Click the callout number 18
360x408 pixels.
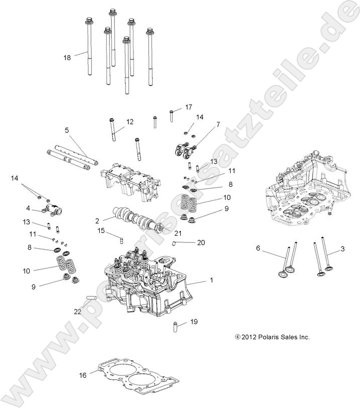tap(67, 57)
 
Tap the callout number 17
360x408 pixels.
tap(189, 107)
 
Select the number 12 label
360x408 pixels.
tap(130, 121)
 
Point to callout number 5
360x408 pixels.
tap(67, 130)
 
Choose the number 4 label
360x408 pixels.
tap(28, 208)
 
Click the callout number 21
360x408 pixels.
tap(177, 233)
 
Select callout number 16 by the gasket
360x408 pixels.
tap(83, 375)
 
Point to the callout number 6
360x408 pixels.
tap(258, 248)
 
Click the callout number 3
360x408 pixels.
tap(343, 248)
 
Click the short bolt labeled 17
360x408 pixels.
tap(172, 115)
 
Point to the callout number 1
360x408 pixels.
tap(211, 280)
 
